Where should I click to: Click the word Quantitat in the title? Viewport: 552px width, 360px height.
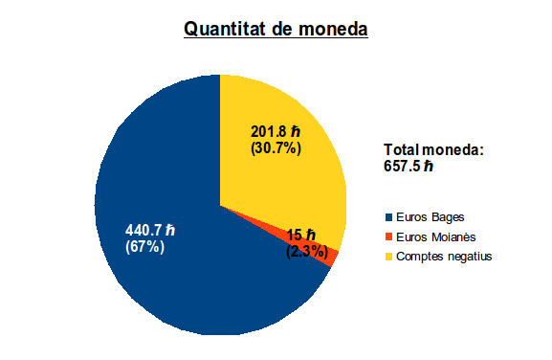[226, 29]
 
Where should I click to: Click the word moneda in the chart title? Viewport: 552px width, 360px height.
[333, 29]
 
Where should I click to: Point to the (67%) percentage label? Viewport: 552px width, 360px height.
[144, 247]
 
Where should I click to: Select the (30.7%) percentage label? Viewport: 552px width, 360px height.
[276, 148]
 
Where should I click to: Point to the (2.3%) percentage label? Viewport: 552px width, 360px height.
[307, 252]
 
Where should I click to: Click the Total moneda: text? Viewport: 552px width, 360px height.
[433, 149]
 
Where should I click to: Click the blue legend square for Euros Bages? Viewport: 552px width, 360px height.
[388, 217]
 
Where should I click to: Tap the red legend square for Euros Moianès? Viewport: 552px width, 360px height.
[388, 236]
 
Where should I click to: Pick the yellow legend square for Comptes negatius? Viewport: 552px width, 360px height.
[388, 257]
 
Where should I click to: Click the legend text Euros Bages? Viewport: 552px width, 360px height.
[431, 217]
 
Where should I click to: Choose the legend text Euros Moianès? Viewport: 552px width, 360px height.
[436, 236]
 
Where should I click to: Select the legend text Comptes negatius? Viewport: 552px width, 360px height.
[444, 257]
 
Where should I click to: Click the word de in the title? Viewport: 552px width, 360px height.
[282, 29]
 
